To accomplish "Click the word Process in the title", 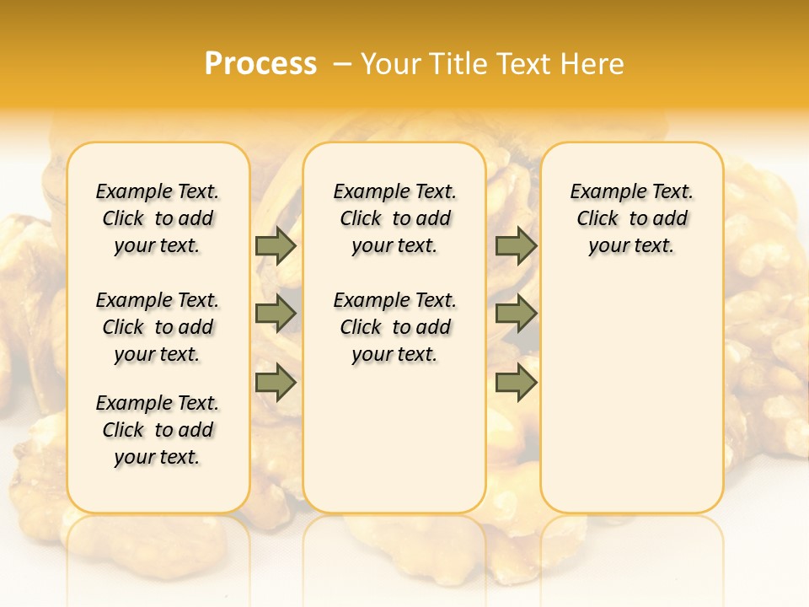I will (x=260, y=63).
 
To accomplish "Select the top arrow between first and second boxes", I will (x=276, y=246).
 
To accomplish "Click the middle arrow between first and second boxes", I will (x=276, y=314).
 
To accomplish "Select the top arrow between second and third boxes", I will (x=516, y=246).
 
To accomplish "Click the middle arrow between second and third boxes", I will (x=516, y=314).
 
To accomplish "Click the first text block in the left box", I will (x=158, y=218).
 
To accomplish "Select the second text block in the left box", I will (x=158, y=327).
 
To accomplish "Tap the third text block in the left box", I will (x=158, y=430).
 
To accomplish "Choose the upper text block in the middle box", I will (x=394, y=218).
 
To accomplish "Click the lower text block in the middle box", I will (x=394, y=327).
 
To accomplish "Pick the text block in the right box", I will (x=631, y=218).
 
